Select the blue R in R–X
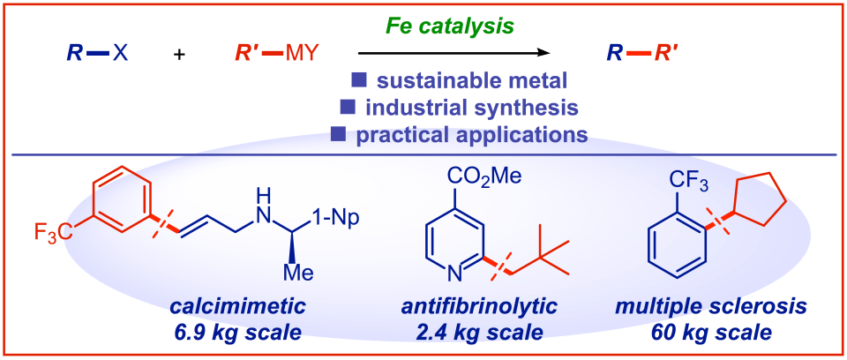75,54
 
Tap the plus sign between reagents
180,55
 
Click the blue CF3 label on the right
686,175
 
